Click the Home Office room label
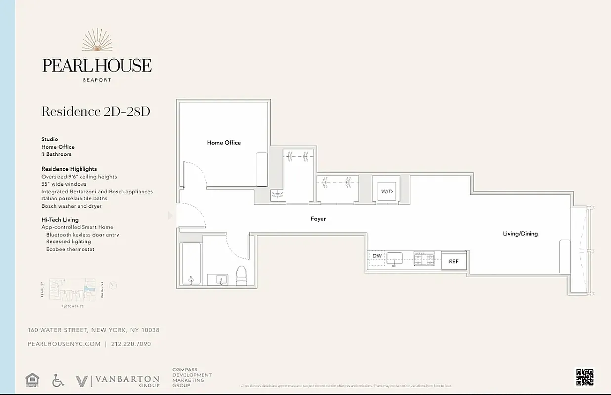coord(224,143)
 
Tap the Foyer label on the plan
coord(318,219)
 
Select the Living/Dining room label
coord(520,234)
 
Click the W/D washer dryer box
coord(386,191)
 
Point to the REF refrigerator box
coord(453,261)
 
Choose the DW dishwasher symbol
coord(377,256)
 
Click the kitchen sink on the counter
coord(394,258)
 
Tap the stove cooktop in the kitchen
coord(424,258)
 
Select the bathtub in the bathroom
coord(191,264)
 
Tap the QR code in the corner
coord(584,377)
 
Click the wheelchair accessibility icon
coord(58,380)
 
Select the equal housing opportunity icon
coord(32,380)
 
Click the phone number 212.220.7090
coord(131,344)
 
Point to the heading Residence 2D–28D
coord(96,111)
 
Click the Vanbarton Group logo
coord(118,381)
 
